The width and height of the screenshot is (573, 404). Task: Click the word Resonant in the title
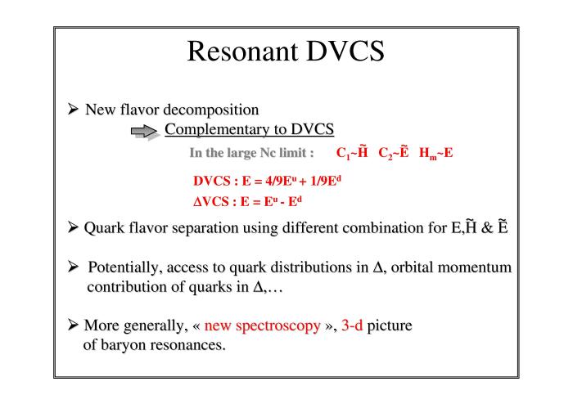[242, 51]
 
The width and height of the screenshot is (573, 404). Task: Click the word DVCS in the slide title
[345, 51]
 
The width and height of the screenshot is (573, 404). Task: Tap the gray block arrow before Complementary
[144, 132]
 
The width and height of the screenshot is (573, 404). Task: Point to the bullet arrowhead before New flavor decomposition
[73, 109]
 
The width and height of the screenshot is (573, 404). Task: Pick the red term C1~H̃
[352, 153]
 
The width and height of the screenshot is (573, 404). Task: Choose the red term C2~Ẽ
[393, 153]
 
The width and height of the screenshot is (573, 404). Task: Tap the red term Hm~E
[435, 153]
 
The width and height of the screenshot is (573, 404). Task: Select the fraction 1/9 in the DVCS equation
[318, 181]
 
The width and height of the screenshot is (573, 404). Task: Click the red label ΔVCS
[211, 201]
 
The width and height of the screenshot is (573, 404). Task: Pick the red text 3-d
[352, 325]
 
